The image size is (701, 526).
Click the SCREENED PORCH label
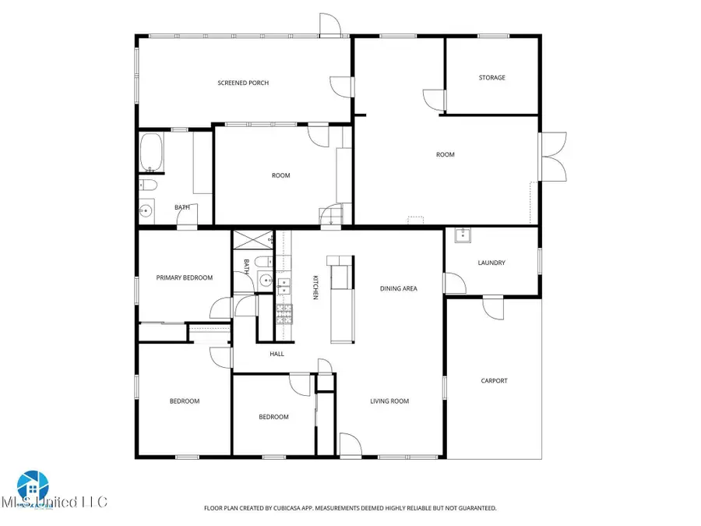243,83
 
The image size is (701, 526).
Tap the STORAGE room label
491,78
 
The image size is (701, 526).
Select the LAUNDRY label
491,263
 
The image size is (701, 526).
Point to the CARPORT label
495,380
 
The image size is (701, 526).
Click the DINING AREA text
399,288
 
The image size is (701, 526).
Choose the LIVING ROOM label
389,401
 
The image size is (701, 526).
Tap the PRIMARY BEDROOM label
185,277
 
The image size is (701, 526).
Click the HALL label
277,354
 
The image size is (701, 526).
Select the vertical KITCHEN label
315,287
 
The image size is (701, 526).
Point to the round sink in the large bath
146,210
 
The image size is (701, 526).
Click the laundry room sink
462,235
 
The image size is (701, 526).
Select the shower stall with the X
252,240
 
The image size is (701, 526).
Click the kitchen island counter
340,300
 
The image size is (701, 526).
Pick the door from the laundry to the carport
492,308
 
